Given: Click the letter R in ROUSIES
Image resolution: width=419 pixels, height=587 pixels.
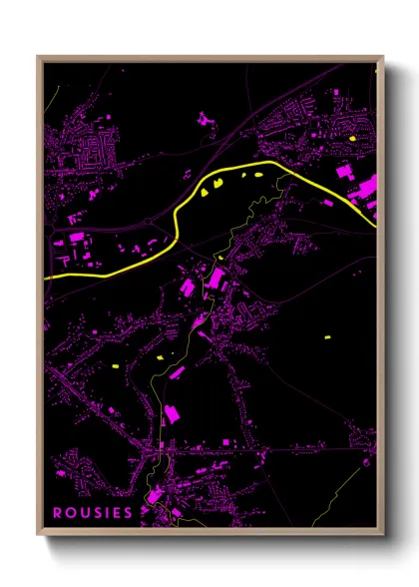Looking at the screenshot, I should [x=58, y=513].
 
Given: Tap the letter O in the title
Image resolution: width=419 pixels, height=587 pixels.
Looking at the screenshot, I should [x=71, y=513].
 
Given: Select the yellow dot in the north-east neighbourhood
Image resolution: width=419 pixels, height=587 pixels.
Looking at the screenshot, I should [x=353, y=139].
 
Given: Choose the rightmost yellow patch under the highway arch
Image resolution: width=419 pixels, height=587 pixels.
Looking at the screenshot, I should [x=257, y=176].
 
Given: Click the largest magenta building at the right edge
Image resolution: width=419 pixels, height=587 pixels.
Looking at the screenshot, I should [x=365, y=188].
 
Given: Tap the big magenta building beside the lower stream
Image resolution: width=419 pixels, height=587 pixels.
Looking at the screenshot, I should [x=170, y=413].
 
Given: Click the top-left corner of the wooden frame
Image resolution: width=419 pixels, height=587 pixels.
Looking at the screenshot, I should [x=39, y=58].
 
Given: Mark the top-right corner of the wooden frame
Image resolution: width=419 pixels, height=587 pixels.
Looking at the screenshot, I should [x=382, y=58].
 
